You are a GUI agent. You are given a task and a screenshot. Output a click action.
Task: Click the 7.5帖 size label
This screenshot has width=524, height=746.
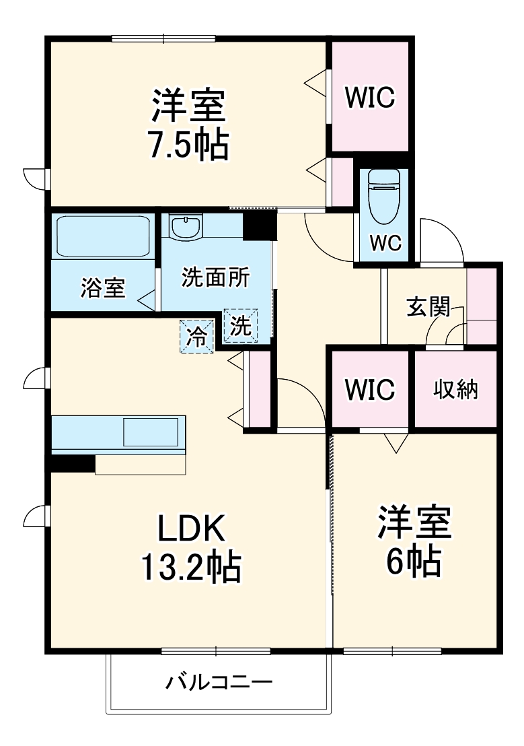pyautogui.click(x=188, y=144)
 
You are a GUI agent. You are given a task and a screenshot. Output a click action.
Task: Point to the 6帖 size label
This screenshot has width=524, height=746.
pyautogui.click(x=413, y=561)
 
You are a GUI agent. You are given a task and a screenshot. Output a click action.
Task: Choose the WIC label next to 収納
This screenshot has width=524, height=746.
pyautogui.click(x=369, y=389)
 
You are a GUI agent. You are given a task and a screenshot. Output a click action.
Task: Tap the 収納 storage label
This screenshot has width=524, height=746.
pyautogui.click(x=455, y=389)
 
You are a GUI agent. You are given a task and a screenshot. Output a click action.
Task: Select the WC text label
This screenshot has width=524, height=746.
pyautogui.click(x=385, y=242)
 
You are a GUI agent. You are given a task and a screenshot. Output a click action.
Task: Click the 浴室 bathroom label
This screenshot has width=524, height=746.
pyautogui.click(x=103, y=287)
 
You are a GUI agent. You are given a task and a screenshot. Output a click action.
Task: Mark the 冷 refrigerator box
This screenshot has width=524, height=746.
pyautogui.click(x=196, y=335)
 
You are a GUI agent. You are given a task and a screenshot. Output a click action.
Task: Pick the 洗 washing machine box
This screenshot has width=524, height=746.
pyautogui.click(x=241, y=327)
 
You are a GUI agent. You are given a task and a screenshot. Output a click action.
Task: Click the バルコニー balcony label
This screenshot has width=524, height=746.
pyautogui.click(x=219, y=684)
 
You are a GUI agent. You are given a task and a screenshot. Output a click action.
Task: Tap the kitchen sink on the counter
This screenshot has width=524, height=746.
pyautogui.click(x=153, y=431)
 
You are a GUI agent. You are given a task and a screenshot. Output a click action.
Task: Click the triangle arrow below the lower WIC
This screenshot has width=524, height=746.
pyautogui.click(x=396, y=442)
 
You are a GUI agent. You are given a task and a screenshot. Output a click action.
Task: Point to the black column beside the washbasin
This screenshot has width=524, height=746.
pyautogui.click(x=260, y=224)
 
